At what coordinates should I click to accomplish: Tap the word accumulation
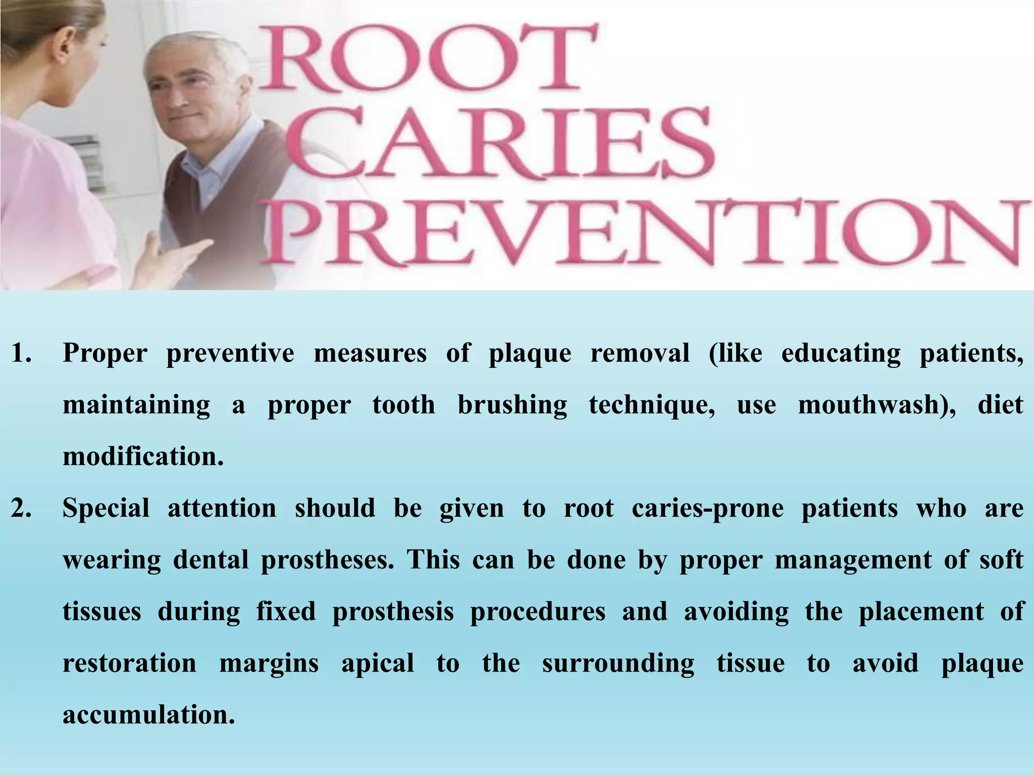149,714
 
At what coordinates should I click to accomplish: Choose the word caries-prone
707,509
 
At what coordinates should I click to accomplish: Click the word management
853,561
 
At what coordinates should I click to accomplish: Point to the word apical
378,664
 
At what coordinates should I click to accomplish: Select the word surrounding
618,664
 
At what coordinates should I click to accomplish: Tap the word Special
106,509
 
